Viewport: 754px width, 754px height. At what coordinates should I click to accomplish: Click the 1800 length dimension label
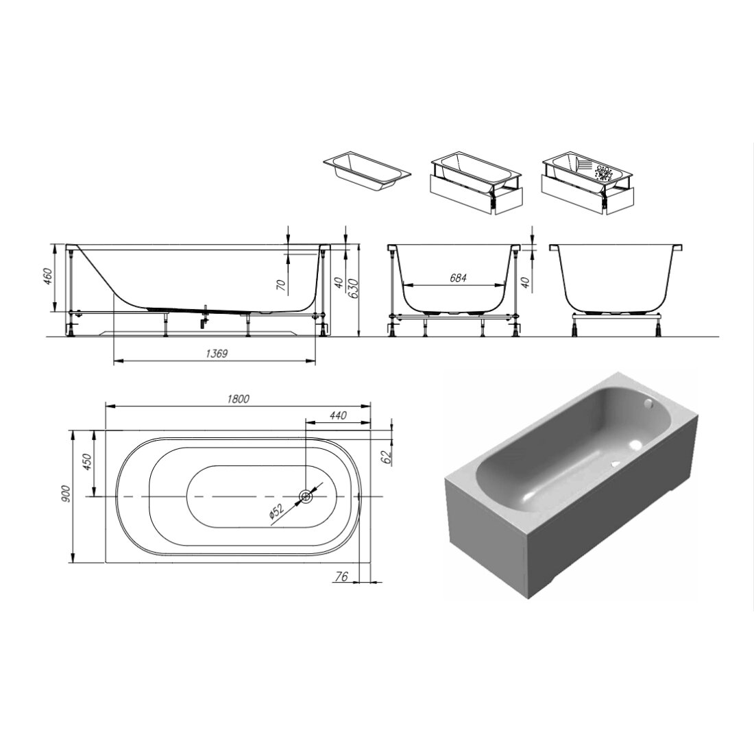click(x=238, y=399)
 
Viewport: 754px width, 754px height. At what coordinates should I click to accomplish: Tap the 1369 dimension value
click(x=217, y=354)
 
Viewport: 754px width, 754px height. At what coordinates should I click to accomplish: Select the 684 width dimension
click(x=458, y=278)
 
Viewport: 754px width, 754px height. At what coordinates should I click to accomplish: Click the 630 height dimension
click(x=355, y=288)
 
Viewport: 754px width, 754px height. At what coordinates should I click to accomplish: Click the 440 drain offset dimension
click(x=339, y=415)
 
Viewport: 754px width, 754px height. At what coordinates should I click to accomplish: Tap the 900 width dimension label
click(x=66, y=494)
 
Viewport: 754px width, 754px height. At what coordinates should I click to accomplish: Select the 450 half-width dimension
click(x=86, y=463)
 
